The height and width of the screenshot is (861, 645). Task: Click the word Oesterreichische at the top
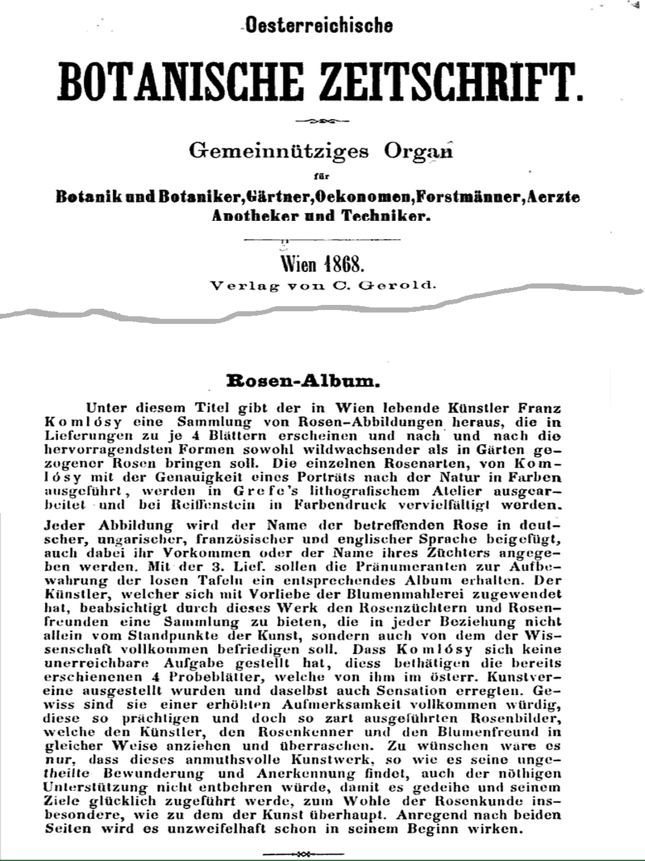coord(319,25)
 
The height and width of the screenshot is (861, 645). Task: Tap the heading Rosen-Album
coord(303,381)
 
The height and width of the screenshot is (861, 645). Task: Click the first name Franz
coord(539,409)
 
